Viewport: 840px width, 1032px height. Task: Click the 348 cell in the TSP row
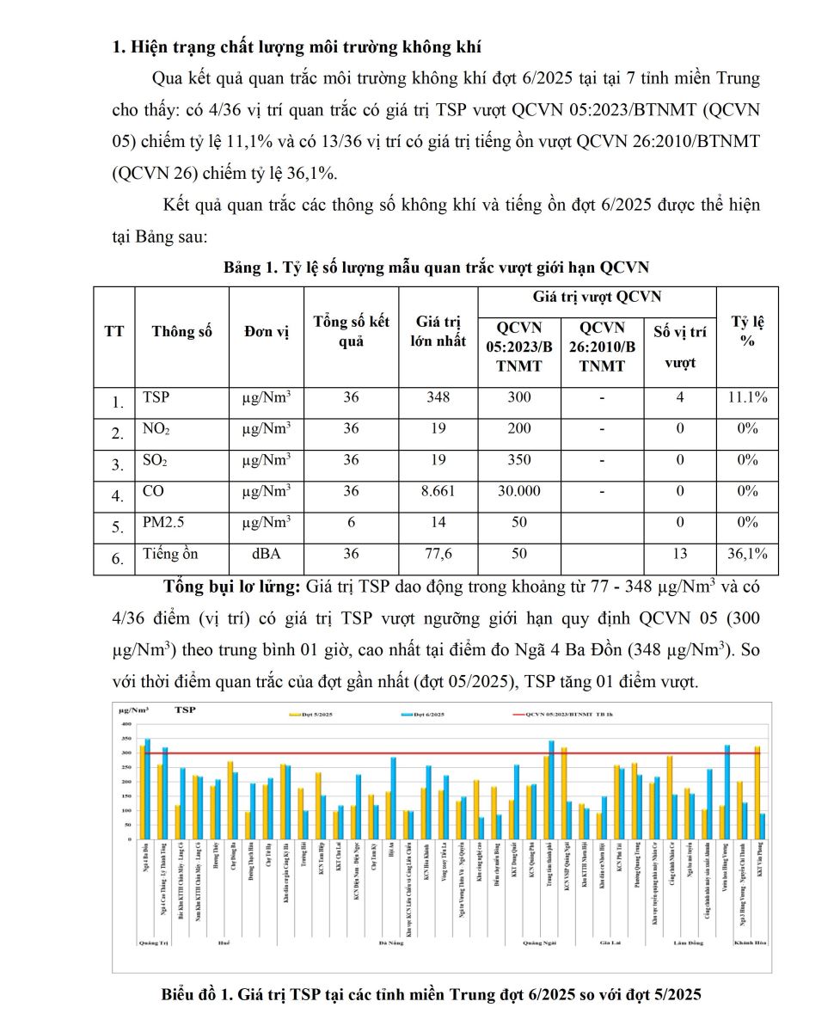coord(438,398)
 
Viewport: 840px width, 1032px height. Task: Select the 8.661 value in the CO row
coord(438,492)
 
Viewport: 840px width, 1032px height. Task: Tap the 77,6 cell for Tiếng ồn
coord(438,555)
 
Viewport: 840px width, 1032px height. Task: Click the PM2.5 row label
coord(162,522)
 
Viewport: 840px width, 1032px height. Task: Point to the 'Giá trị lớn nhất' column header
coord(438,332)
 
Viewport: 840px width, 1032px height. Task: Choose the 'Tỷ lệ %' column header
coord(747,332)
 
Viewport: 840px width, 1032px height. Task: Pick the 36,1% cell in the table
coord(747,555)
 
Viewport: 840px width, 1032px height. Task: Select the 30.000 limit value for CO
coord(518,492)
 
